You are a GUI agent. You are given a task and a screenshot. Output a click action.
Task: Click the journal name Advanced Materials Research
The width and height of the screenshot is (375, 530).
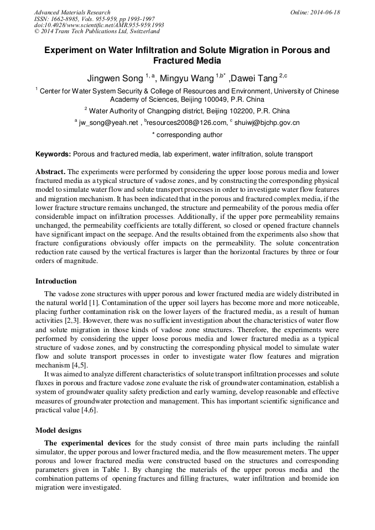[72, 12]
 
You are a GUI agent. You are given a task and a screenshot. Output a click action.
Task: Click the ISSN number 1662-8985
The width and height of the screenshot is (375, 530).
[65, 19]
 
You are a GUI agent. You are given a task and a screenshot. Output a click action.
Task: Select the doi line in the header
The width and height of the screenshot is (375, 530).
[99, 25]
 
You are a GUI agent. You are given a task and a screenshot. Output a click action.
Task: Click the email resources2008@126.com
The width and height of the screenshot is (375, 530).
[187, 123]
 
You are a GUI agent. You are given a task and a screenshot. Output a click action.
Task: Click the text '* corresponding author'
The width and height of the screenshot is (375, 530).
[187, 135]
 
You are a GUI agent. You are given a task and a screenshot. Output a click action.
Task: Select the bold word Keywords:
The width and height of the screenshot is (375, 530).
[53, 154]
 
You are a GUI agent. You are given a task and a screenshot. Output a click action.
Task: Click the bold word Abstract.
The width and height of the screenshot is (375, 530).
[50, 172]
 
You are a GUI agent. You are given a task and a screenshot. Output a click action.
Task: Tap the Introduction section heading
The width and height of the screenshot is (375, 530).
[56, 281]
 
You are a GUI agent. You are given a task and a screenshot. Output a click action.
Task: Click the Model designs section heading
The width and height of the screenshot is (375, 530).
[58, 430]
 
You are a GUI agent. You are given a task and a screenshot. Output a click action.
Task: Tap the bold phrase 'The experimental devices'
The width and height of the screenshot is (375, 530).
[87, 443]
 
